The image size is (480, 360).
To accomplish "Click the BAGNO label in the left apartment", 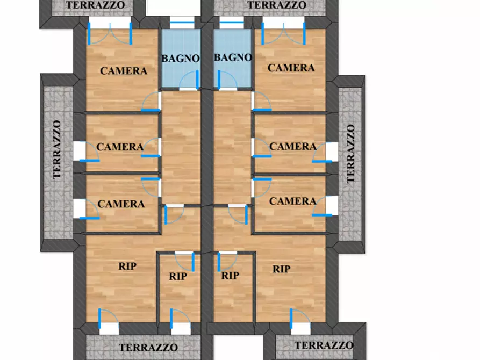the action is click(x=181, y=58).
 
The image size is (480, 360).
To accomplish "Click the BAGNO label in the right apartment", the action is click(x=233, y=57).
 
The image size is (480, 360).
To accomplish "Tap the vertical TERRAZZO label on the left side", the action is click(x=57, y=149).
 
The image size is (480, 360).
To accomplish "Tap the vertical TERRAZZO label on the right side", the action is click(x=351, y=153).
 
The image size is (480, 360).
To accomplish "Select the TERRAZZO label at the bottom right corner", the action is click(x=324, y=345).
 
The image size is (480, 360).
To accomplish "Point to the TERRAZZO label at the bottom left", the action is click(x=148, y=348).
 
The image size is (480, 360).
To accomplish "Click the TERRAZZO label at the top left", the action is click(x=96, y=5).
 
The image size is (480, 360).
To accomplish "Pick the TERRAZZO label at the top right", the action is click(x=277, y=5).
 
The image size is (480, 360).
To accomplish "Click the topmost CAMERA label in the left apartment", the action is click(x=124, y=71).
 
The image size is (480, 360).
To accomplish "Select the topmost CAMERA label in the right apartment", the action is click(x=291, y=68).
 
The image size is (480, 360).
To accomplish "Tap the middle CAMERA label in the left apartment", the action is click(x=120, y=147).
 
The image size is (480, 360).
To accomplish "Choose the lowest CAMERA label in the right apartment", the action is click(x=293, y=201).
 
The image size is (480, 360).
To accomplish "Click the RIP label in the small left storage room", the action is click(x=178, y=276).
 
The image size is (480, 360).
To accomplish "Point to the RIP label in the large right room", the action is click(x=282, y=269).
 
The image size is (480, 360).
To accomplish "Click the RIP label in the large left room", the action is click(x=127, y=267).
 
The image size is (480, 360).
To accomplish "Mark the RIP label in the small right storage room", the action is click(x=230, y=276).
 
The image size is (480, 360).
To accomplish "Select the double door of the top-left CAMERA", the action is click(x=110, y=34).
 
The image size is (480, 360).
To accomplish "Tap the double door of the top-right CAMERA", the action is click(x=283, y=34).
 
